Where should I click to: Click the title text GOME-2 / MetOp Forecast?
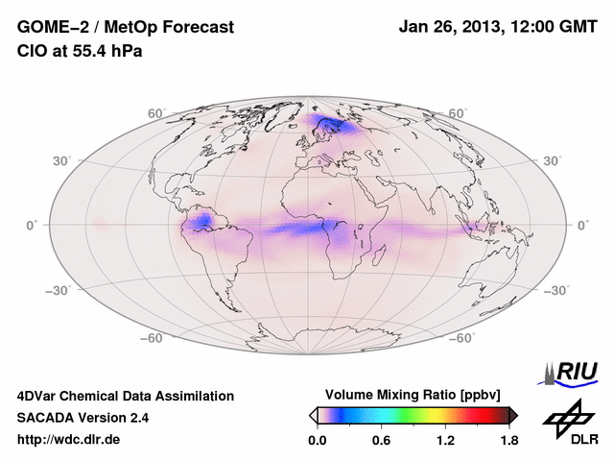(126, 27)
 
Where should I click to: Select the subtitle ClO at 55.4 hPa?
(80, 51)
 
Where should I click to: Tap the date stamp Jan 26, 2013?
(450, 27)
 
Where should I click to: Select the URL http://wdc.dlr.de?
(69, 440)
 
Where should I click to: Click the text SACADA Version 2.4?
(83, 418)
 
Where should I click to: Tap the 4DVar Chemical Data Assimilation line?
(126, 396)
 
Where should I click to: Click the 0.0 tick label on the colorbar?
(318, 440)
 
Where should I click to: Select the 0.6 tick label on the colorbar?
(381, 440)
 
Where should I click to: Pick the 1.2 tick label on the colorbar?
(445, 440)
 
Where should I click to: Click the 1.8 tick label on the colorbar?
(509, 440)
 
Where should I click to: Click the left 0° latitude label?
(32, 225)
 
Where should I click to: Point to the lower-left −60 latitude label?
(151, 338)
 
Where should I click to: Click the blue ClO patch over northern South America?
(202, 223)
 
